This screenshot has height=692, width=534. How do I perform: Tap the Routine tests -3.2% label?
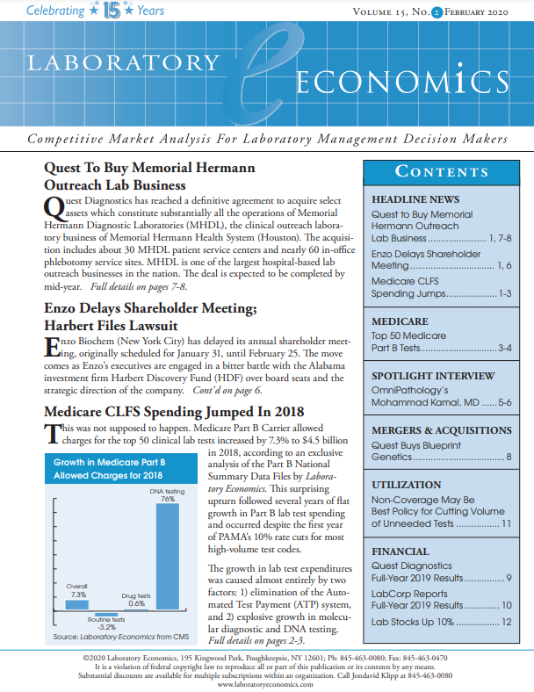(x=105, y=623)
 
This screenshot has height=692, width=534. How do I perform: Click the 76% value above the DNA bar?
(x=167, y=498)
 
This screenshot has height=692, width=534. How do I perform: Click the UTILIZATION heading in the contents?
(x=406, y=485)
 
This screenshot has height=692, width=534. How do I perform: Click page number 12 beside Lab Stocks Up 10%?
(x=506, y=622)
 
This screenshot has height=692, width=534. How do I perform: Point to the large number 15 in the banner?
(x=111, y=12)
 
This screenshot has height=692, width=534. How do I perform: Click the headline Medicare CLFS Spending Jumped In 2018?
(x=174, y=412)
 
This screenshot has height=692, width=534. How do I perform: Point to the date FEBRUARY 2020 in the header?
(x=481, y=12)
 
